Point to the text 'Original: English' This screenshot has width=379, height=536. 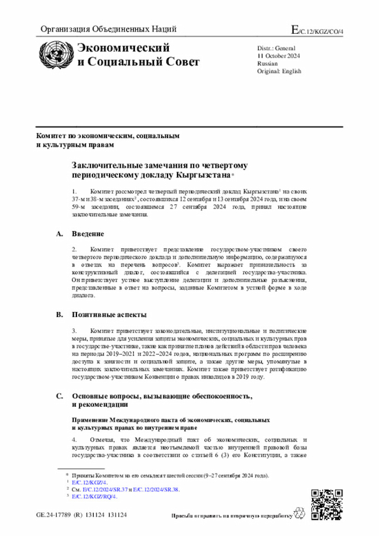click(x=279, y=71)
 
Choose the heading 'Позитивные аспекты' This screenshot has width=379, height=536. click(x=110, y=314)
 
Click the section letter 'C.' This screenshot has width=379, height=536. click(x=59, y=396)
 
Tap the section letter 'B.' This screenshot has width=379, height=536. click(x=59, y=314)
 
